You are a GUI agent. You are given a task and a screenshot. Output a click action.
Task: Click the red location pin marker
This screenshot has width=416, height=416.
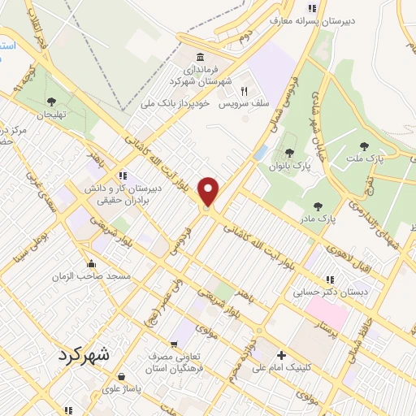click(210, 192)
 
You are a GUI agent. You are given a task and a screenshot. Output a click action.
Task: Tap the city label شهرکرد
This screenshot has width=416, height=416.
click(89, 355)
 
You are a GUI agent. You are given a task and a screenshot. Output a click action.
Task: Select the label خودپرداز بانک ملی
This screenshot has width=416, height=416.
click(175, 104)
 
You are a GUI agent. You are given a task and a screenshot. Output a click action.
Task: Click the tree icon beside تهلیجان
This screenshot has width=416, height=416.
click(51, 102)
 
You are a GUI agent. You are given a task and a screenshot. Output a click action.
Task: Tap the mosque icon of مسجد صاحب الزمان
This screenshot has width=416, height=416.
click(91, 263)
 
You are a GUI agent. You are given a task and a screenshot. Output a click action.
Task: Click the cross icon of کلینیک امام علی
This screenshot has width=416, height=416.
click(281, 355)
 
